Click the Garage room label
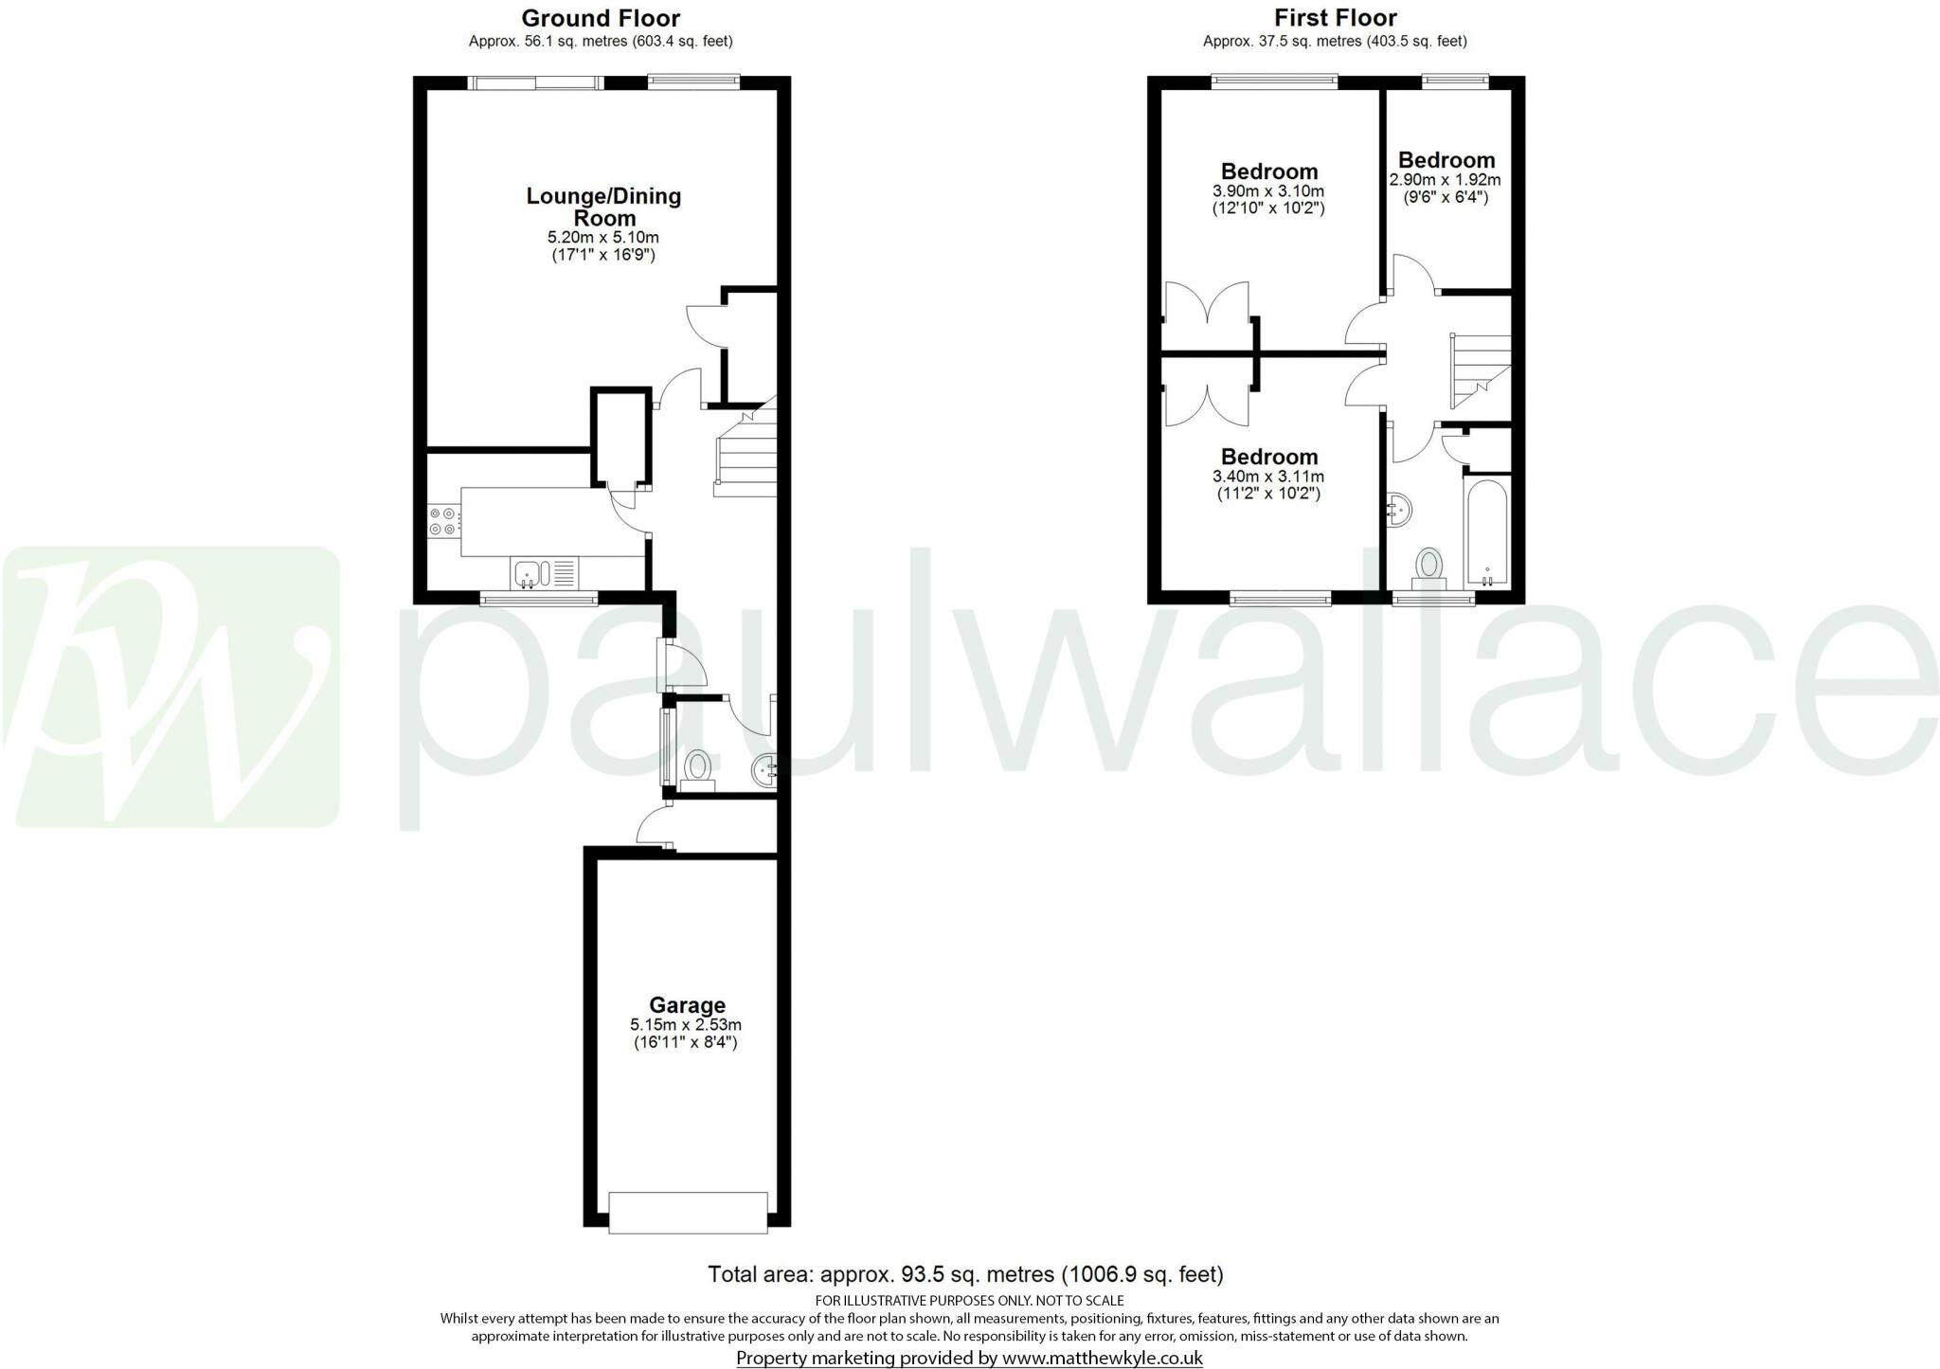[x=687, y=1005]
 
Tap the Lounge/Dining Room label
[x=603, y=207]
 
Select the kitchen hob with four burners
[x=443, y=521]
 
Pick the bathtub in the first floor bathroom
[x=1487, y=531]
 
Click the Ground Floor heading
[x=601, y=17]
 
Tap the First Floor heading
[x=1335, y=17]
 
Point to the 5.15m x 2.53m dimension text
[x=686, y=1025]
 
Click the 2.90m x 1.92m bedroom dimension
[x=1446, y=180]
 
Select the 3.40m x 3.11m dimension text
[x=1268, y=477]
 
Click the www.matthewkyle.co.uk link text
[x=1103, y=1358]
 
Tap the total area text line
[x=965, y=1274]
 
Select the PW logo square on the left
[x=171, y=687]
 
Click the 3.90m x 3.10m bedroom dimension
[x=1268, y=190]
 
